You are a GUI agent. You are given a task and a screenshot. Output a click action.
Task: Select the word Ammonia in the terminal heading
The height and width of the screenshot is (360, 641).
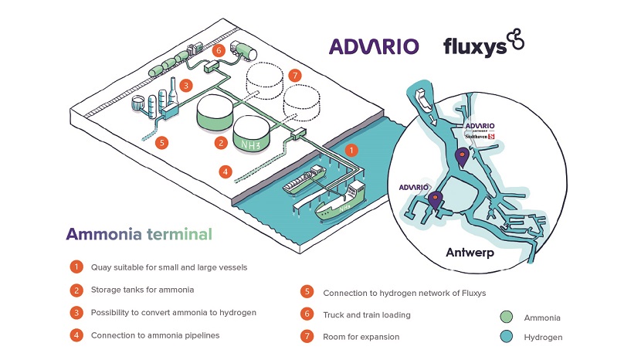[x=103, y=233]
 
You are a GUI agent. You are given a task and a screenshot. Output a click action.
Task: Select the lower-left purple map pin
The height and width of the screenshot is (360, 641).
[x=435, y=200]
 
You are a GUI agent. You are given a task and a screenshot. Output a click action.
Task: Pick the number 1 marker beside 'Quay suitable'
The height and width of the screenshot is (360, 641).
[x=76, y=267]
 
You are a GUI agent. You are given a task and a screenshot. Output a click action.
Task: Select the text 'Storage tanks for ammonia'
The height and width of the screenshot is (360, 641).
[x=142, y=290]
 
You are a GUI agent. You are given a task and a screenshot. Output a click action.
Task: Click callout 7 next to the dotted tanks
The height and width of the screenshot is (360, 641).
[x=293, y=76]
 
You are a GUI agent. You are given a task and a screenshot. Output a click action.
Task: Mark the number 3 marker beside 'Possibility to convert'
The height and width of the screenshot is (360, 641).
[x=76, y=313]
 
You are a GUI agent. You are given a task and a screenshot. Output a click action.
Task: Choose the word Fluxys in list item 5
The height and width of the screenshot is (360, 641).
[x=455, y=293]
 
